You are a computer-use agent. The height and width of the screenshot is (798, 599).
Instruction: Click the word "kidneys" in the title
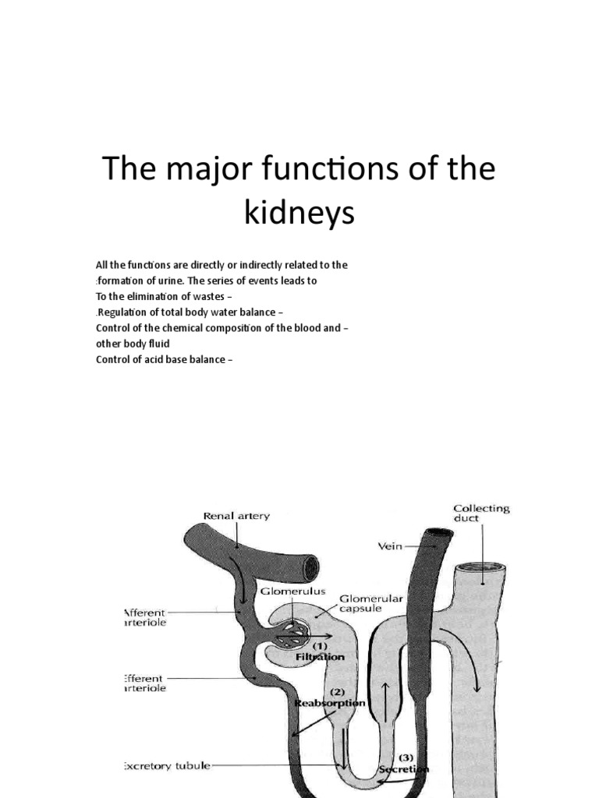299,213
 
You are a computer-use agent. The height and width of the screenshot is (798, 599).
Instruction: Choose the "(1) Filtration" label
320,651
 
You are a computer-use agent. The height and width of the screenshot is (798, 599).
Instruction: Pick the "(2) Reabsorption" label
330,697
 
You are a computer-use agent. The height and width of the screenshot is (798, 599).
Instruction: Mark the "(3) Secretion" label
404,763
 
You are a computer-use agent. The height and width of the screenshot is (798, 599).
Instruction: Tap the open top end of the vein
438,535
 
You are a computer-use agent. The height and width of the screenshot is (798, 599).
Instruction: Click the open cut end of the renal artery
311,566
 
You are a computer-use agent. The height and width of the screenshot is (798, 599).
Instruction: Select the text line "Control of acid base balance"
164,359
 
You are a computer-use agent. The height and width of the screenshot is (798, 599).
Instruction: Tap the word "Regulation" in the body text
123,312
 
